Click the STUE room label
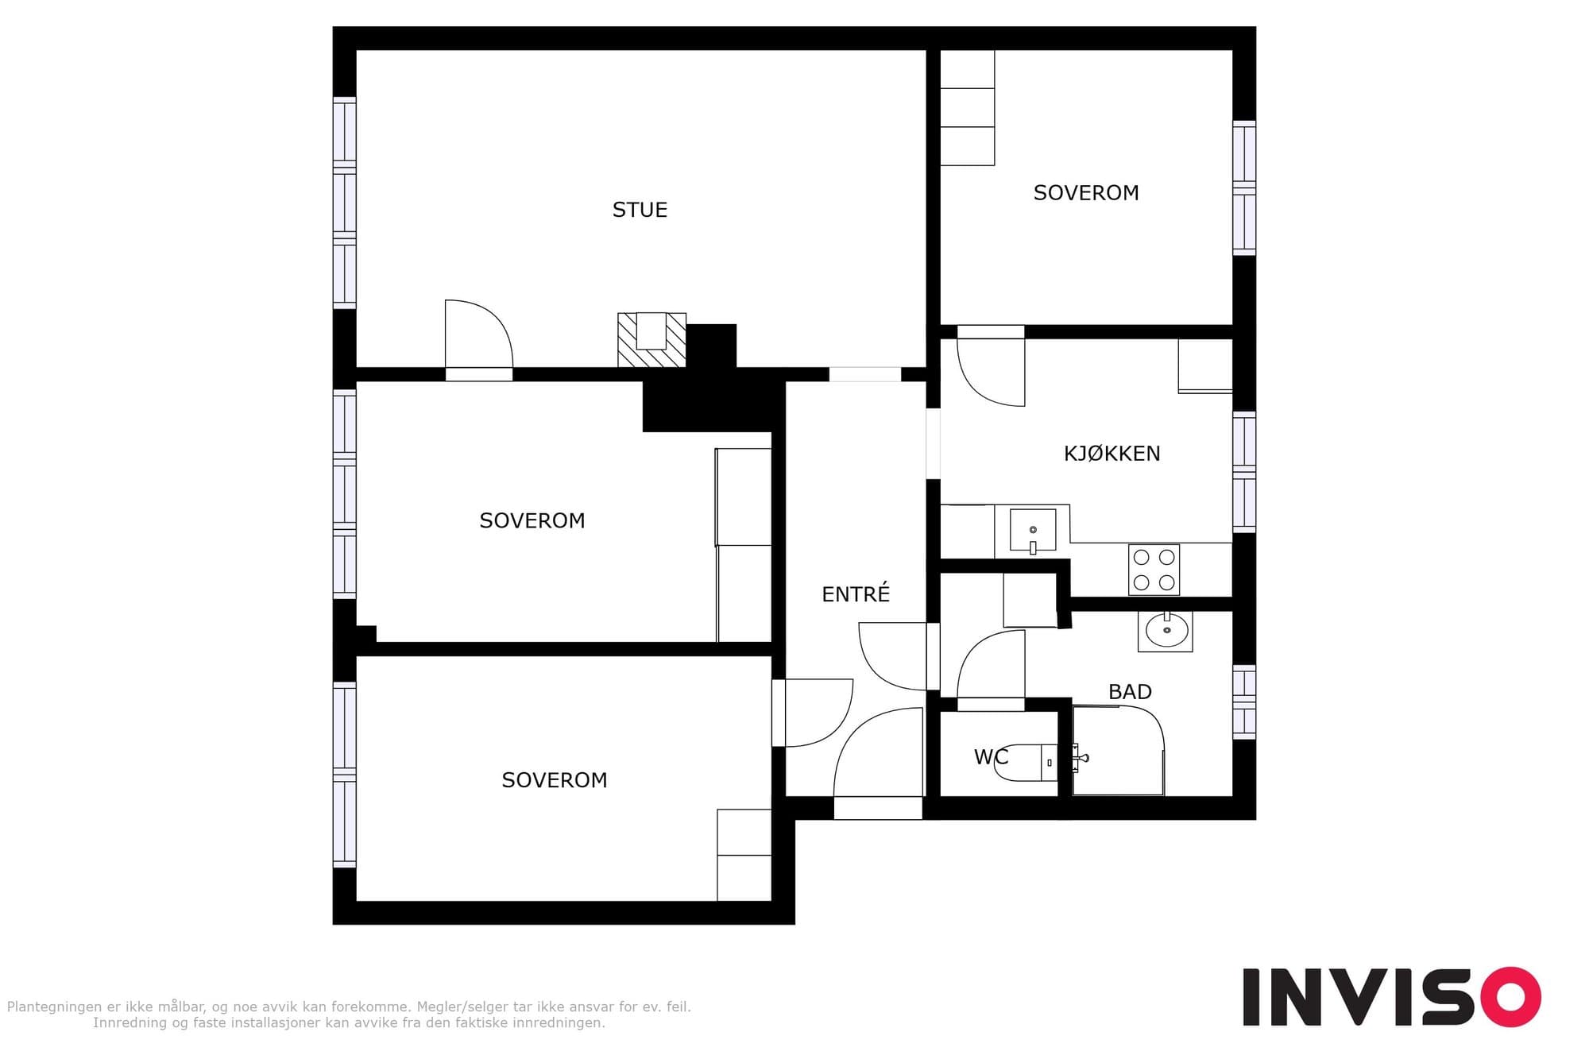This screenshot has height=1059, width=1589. (x=640, y=210)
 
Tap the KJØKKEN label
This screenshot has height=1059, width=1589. (x=1112, y=454)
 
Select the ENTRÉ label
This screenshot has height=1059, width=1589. (x=856, y=593)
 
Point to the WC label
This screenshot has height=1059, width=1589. (x=991, y=757)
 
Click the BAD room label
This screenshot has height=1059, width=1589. (x=1130, y=692)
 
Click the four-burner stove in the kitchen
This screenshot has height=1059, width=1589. (x=1154, y=570)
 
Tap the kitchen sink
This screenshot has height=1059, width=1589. (x=1033, y=530)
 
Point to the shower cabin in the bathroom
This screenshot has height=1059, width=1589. (x=1119, y=750)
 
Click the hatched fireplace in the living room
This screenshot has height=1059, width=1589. (x=651, y=339)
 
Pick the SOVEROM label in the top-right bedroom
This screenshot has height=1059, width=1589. (x=1086, y=193)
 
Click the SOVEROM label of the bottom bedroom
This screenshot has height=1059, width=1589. (x=555, y=780)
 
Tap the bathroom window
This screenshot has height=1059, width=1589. (x=1244, y=702)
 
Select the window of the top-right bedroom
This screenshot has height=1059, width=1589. (x=1244, y=188)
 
